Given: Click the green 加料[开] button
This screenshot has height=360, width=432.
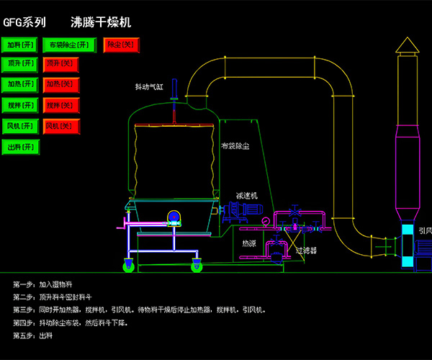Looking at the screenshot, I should click(x=20, y=45).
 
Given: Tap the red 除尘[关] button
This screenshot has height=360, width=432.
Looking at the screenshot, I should click(x=120, y=45).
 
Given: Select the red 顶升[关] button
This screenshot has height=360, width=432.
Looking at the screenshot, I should click(x=60, y=64).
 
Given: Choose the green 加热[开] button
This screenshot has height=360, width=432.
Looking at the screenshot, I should click(x=20, y=84).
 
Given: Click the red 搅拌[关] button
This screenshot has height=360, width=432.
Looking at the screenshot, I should click(x=60, y=105).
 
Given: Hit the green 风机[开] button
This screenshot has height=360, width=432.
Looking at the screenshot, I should click(x=20, y=126).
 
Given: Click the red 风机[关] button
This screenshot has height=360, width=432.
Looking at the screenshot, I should click(x=60, y=126).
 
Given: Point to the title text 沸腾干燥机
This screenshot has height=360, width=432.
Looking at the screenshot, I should click(x=101, y=22).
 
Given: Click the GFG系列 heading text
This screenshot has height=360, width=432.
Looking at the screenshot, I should click(x=25, y=22).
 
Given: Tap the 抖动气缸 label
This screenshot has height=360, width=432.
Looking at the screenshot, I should click(x=149, y=87).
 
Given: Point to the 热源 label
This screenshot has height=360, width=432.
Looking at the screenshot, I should click(x=248, y=243).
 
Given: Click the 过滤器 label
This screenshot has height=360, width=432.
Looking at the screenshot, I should click(x=306, y=251).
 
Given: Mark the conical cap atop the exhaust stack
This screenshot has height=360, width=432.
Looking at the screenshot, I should click(x=407, y=46).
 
